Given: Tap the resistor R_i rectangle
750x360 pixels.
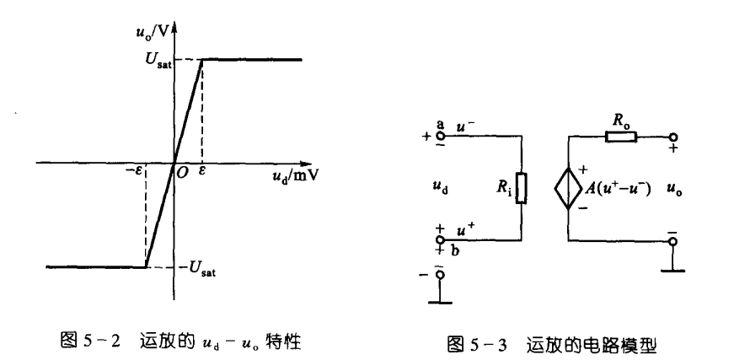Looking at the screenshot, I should tap(522, 188).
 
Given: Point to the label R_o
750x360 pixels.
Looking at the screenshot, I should tap(621, 118).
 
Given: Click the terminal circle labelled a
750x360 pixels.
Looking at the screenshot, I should tap(439, 134).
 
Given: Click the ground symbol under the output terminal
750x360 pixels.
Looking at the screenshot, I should tap(672, 271).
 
